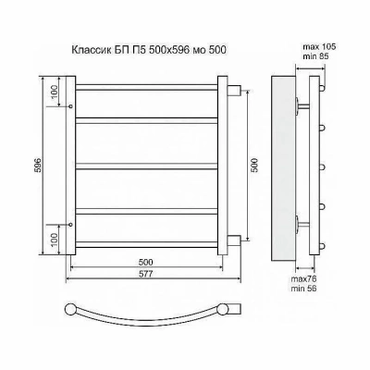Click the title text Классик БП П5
[109, 49]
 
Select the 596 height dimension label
[38, 166]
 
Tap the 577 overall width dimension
[146, 274]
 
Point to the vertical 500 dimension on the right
[254, 166]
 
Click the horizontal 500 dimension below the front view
[146, 263]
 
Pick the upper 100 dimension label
[54, 92]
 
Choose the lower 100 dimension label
[54, 240]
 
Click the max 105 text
[319, 47]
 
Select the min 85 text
[315, 56]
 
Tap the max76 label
[304, 279]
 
